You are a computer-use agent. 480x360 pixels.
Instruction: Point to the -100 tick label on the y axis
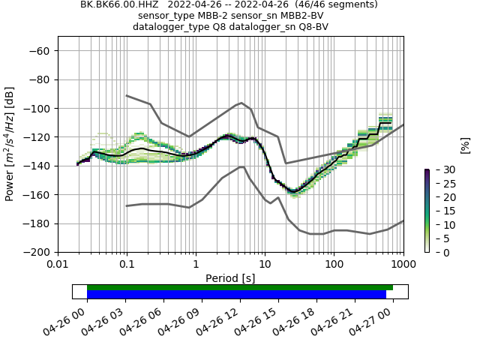(x=37, y=109)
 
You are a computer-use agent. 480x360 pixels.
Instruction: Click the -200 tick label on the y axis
(x=37, y=253)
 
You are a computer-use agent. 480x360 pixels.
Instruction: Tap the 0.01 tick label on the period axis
(x=58, y=265)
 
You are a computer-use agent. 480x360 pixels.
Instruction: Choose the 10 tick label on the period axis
(x=265, y=265)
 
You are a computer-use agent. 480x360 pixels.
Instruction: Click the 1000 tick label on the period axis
(x=403, y=265)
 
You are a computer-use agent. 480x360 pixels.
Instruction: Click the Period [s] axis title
(x=230, y=278)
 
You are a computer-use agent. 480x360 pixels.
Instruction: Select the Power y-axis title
(x=10, y=150)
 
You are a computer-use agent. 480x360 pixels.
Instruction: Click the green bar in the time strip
(x=240, y=287)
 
